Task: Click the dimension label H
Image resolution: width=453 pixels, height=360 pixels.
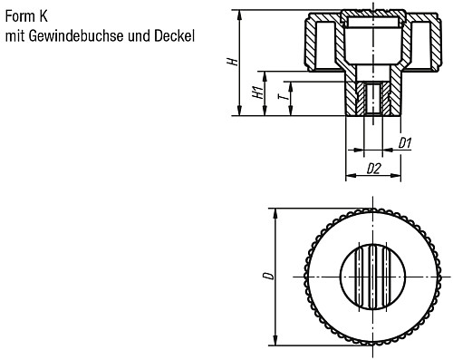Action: coord(232,62)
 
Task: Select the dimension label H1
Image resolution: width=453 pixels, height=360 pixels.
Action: coord(258,93)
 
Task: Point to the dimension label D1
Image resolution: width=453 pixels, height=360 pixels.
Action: coord(406,142)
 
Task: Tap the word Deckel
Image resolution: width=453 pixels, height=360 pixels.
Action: coord(177,37)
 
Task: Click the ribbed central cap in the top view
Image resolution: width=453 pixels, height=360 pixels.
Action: coord(373,276)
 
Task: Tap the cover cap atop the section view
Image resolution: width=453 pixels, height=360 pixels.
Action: coord(373,17)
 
